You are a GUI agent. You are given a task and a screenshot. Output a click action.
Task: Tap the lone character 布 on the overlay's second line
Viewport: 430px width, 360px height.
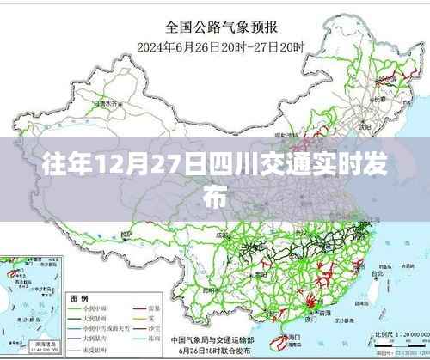click(x=215, y=196)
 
